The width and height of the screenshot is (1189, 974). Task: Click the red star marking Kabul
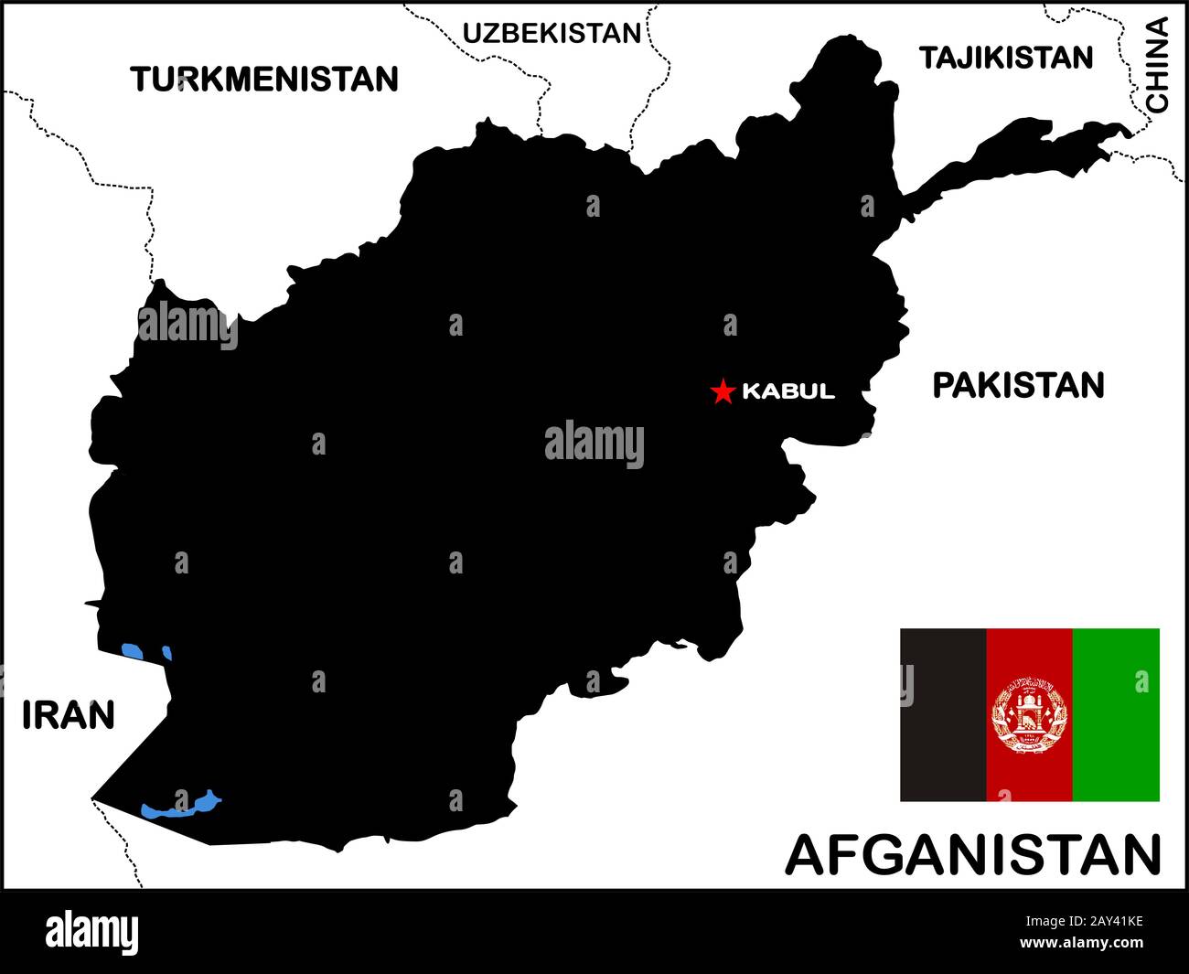pos(723,391)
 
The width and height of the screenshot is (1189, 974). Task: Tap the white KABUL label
pos(788,391)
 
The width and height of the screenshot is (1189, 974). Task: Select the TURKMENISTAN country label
pos(264,80)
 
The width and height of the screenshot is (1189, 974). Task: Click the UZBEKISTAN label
pos(552,34)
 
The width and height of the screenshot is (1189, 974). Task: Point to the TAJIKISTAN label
pos(1006,58)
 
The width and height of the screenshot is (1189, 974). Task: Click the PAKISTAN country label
pos(1018,386)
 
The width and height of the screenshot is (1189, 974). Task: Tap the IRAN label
pos(69,715)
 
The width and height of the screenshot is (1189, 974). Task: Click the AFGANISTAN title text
pos(973,855)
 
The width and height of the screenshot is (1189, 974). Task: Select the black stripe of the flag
pos(943,714)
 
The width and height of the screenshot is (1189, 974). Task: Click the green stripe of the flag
pos(1116,714)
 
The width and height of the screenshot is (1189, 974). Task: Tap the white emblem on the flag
pos(1029,714)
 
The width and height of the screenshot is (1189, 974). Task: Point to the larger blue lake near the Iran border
pos(133,651)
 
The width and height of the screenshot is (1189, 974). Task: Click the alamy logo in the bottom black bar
pos(92,932)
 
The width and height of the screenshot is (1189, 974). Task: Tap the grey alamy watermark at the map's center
pos(594,444)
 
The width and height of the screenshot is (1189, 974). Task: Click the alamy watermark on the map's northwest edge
pos(187,326)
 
